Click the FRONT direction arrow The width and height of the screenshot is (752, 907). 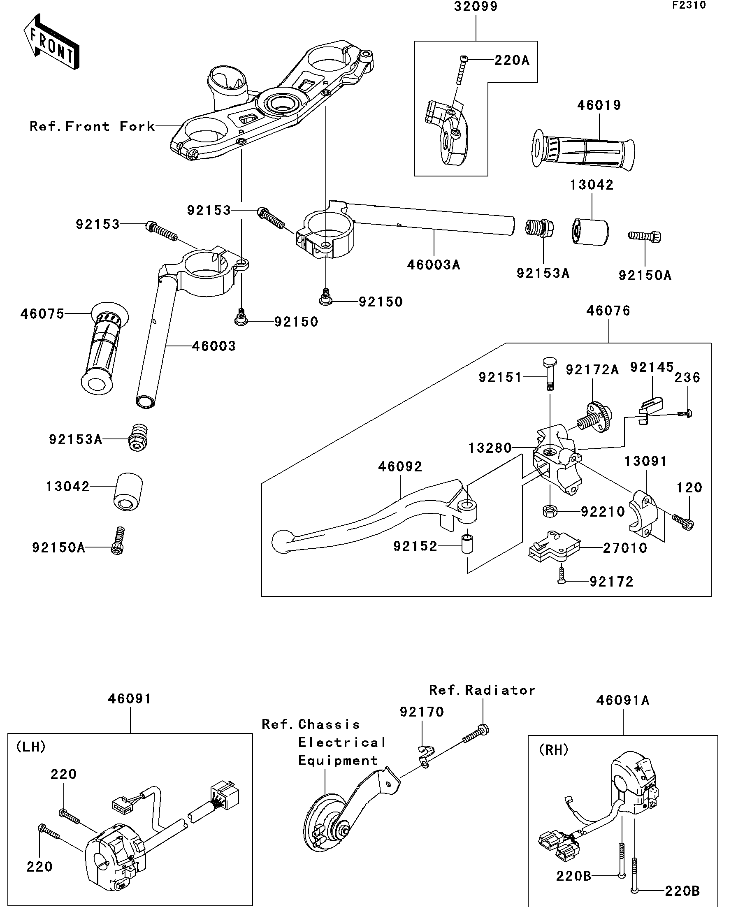[51, 43]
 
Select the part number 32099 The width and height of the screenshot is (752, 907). [476, 7]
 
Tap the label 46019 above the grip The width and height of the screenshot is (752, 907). [599, 105]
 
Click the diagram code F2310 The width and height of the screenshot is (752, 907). [689, 5]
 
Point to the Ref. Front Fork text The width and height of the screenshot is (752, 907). [92, 127]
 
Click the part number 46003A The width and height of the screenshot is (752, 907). [434, 265]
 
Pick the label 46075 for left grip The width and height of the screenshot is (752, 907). [42, 314]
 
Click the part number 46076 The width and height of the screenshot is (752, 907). [608, 311]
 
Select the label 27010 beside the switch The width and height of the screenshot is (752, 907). [625, 548]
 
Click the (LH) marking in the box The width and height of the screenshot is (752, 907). [31, 747]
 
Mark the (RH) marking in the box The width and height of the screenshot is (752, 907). [554, 750]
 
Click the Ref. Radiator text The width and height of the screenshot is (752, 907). [482, 690]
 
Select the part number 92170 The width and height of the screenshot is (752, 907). [422, 712]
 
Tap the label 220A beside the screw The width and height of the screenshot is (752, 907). [512, 60]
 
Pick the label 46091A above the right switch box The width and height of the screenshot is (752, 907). [623, 701]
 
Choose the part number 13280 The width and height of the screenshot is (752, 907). [490, 448]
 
